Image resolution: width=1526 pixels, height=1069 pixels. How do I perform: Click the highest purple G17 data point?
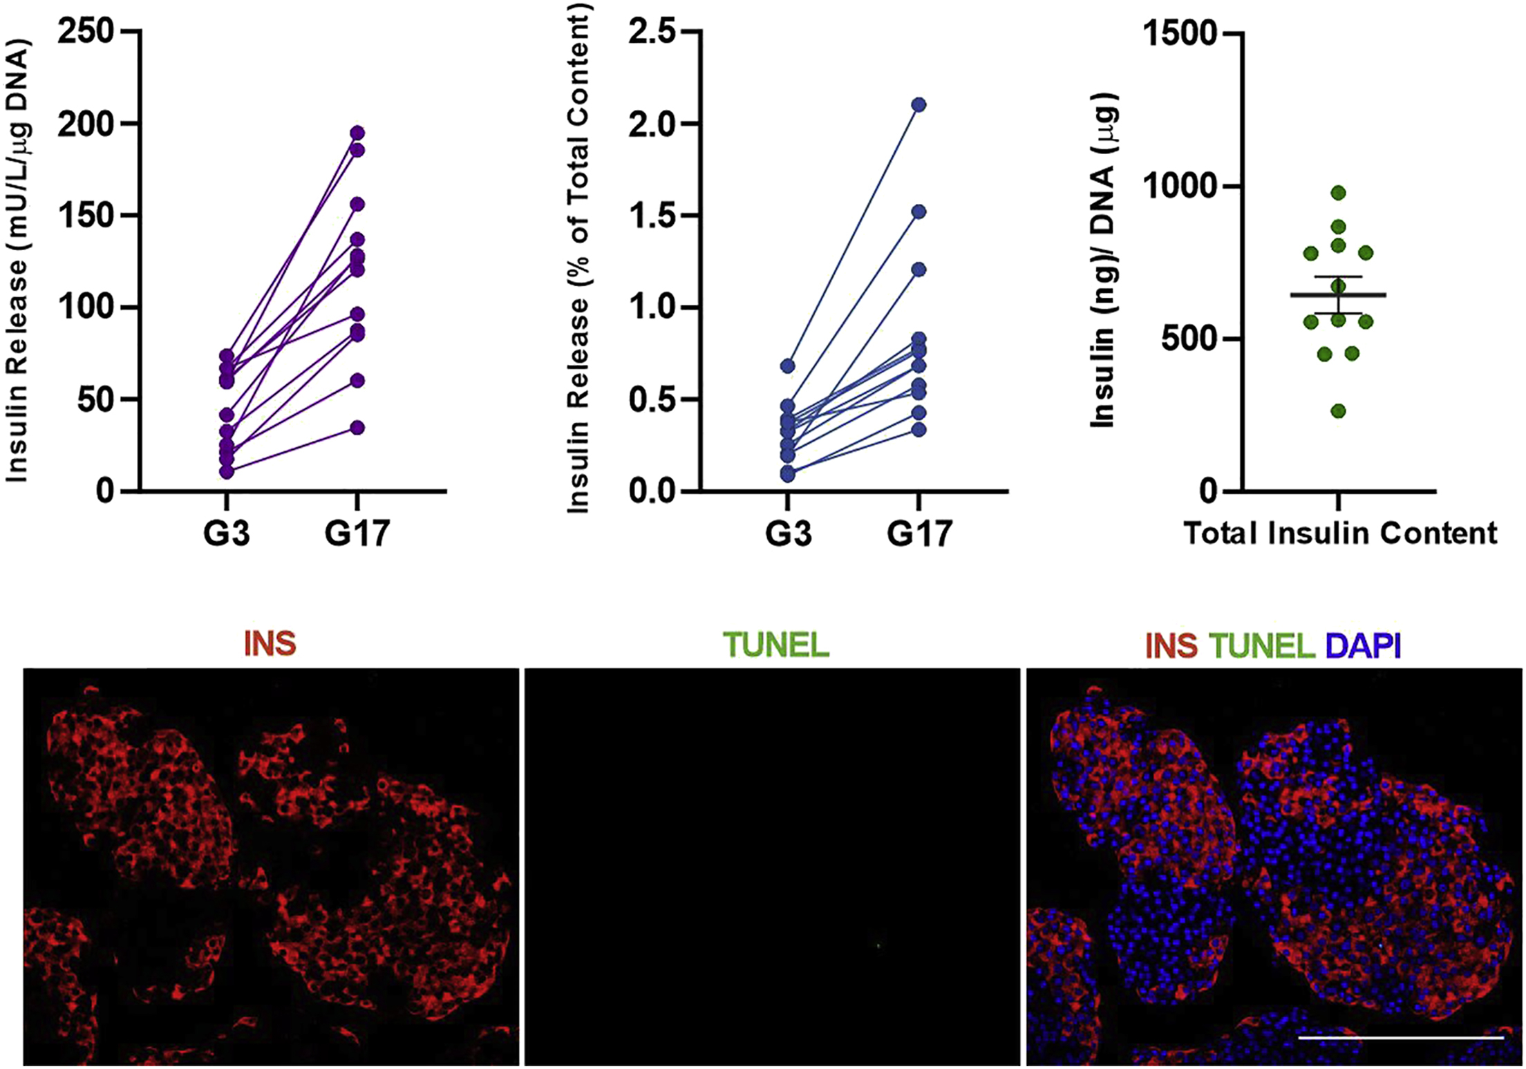tap(357, 133)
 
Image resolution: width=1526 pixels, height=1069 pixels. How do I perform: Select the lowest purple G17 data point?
tap(357, 428)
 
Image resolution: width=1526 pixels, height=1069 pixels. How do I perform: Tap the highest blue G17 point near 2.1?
tap(919, 105)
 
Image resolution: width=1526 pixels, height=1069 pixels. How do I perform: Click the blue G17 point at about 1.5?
tap(919, 211)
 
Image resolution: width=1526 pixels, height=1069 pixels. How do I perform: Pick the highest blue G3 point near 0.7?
tap(788, 366)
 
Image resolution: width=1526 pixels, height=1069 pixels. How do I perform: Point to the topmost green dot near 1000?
tap(1339, 193)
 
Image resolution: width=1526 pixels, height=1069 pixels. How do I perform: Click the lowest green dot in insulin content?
tap(1339, 411)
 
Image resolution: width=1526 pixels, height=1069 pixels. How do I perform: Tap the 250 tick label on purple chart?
tap(85, 32)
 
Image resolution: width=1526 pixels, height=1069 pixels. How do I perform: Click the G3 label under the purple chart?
tap(227, 534)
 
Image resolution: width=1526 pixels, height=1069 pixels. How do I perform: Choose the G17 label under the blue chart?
tap(920, 534)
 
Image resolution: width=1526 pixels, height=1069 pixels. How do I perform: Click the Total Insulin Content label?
tap(1341, 533)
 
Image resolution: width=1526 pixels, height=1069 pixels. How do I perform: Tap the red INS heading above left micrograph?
tap(270, 644)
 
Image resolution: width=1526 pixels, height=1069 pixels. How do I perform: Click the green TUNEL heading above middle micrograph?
tap(776, 645)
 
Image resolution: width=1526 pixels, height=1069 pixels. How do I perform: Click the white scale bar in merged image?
tap(1402, 1037)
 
